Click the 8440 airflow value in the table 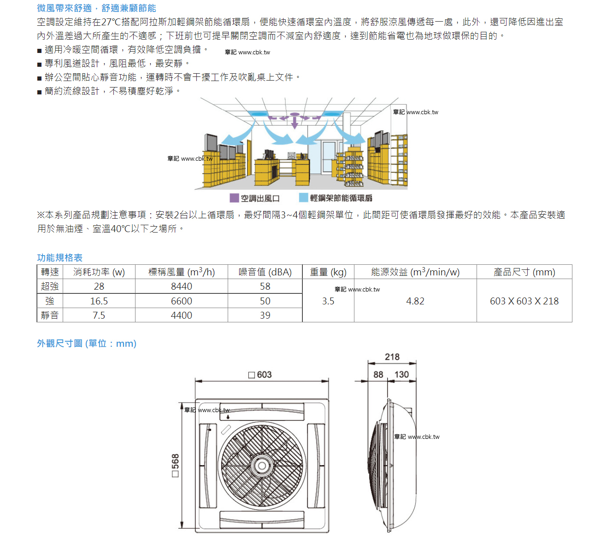182,286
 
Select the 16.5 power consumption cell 99,301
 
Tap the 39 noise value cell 265,315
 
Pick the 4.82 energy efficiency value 415,301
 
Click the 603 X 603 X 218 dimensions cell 524,301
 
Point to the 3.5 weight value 328,301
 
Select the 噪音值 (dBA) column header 265,272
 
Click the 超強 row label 50,286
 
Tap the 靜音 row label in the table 50,315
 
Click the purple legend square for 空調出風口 234,198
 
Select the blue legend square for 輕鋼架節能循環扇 303,198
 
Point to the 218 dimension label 392,357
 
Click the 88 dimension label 378,374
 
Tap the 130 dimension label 401,374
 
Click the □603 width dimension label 260,375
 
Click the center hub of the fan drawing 262,466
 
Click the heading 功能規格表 60,258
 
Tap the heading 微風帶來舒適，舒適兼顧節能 97,8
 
